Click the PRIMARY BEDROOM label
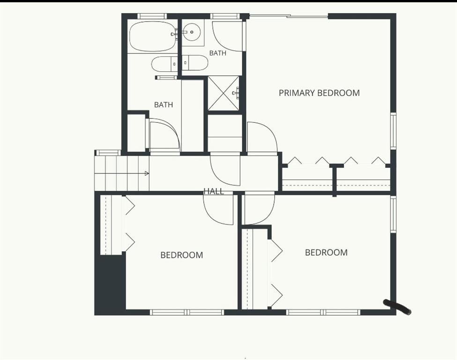coord(319,93)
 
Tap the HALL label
coord(214,191)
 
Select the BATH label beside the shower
coord(217,53)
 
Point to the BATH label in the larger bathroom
coord(164,105)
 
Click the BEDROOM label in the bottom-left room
coord(181,255)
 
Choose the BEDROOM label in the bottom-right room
coord(326,253)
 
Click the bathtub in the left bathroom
coord(153,37)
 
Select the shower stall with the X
coord(223,93)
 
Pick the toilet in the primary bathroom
coord(195,63)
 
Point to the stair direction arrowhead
coord(147,173)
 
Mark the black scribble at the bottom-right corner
coord(398,307)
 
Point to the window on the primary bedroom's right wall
coord(393,131)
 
